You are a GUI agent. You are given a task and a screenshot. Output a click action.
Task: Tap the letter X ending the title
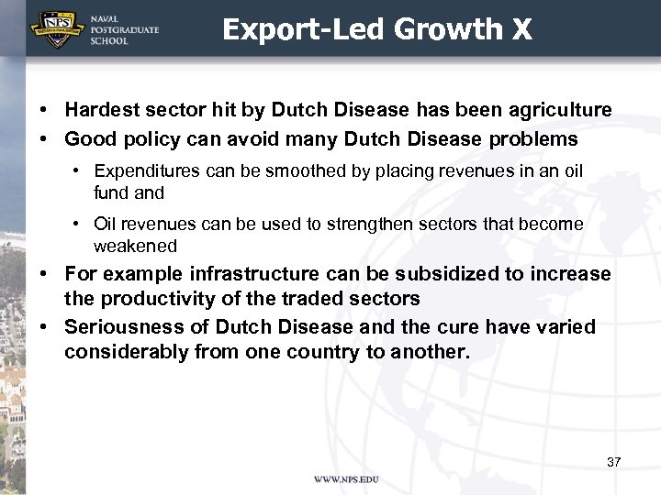coord(521,29)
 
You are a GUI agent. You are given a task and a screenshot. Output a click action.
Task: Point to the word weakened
coord(135,246)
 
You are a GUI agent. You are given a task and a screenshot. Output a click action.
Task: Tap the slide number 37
coord(613,462)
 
